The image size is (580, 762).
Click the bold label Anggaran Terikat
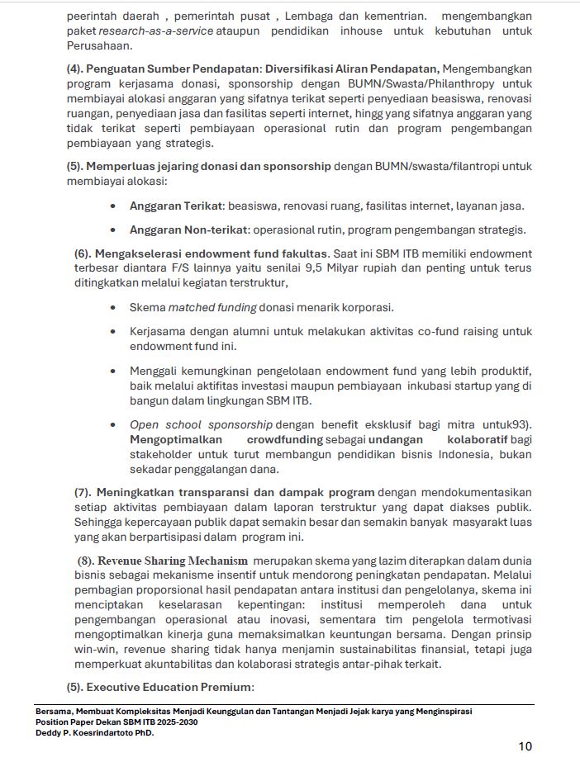(177, 206)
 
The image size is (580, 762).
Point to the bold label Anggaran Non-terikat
(189, 230)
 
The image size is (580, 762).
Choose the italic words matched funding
(212, 308)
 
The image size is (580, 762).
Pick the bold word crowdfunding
(285, 440)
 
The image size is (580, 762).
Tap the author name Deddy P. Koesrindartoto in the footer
(83, 731)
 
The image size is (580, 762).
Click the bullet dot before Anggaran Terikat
(112, 206)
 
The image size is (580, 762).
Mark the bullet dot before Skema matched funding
(112, 308)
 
